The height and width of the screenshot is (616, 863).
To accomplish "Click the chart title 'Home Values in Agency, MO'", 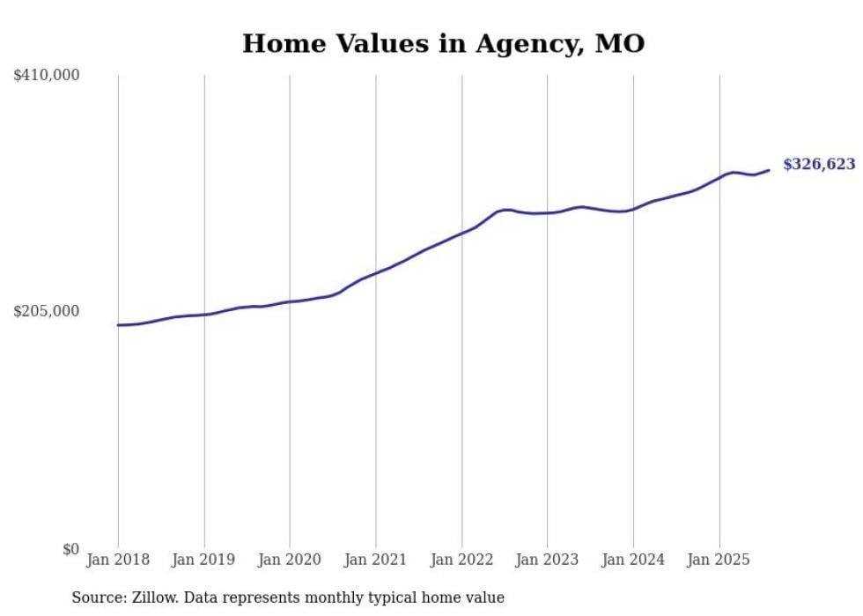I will (443, 43).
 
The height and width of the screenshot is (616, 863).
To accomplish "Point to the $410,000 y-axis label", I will (47, 76).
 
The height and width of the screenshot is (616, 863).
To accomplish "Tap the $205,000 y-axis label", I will (47, 311).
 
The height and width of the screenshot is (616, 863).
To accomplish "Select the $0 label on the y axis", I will (70, 549).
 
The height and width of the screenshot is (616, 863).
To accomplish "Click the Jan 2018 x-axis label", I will (118, 560).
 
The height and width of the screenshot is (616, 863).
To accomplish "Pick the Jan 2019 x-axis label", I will (204, 560).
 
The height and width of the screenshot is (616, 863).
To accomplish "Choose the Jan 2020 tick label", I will (290, 560).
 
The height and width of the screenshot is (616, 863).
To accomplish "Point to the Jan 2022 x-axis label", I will (461, 560).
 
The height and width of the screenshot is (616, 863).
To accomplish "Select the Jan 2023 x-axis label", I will (548, 560).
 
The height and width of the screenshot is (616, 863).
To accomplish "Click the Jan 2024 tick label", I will (633, 560).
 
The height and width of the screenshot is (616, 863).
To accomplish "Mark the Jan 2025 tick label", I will (719, 560).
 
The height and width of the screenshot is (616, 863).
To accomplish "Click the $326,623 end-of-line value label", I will (818, 164).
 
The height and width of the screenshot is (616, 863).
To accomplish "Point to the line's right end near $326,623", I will (769, 170).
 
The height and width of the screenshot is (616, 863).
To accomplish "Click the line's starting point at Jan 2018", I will (118, 325).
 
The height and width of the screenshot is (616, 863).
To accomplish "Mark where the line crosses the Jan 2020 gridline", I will (290, 301).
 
